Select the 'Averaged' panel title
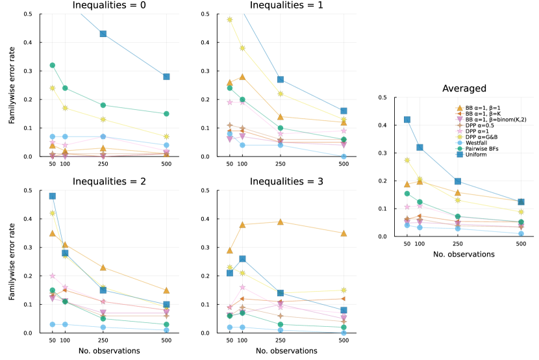click(464, 88)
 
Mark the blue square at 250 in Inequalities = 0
click(103, 34)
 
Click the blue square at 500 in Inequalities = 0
click(167, 77)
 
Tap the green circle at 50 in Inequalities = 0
click(53, 65)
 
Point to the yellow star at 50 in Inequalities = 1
click(230, 19)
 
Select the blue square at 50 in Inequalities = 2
click(53, 196)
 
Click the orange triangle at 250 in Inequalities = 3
click(281, 222)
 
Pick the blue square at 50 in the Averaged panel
click(407, 120)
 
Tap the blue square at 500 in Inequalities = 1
click(344, 111)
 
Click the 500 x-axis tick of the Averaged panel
click(521, 244)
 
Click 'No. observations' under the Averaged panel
click(464, 254)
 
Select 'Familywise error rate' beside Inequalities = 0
click(11, 85)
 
